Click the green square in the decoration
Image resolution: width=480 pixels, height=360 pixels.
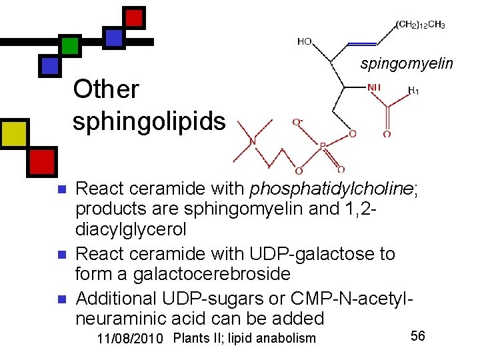tap(69, 45)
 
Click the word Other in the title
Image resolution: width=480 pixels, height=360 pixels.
tap(106, 89)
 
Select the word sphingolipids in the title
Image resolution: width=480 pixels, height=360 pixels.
tap(149, 122)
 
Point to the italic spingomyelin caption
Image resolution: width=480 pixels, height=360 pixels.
tap(407, 64)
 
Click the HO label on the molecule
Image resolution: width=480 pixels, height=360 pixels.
tap(304, 41)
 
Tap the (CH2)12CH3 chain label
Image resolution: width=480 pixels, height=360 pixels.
tap(421, 25)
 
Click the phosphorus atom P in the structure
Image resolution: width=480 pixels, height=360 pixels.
tap(323, 146)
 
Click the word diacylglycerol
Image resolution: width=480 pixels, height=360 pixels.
tap(131, 229)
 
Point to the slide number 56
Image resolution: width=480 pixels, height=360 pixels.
tap(418, 336)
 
